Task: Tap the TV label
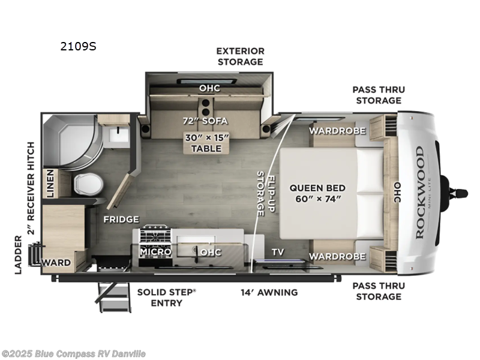coord(277,252)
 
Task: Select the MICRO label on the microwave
coord(155,252)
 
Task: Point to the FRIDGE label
coord(121,220)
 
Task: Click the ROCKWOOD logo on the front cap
coord(419,192)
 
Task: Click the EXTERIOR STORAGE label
coord(240,56)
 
